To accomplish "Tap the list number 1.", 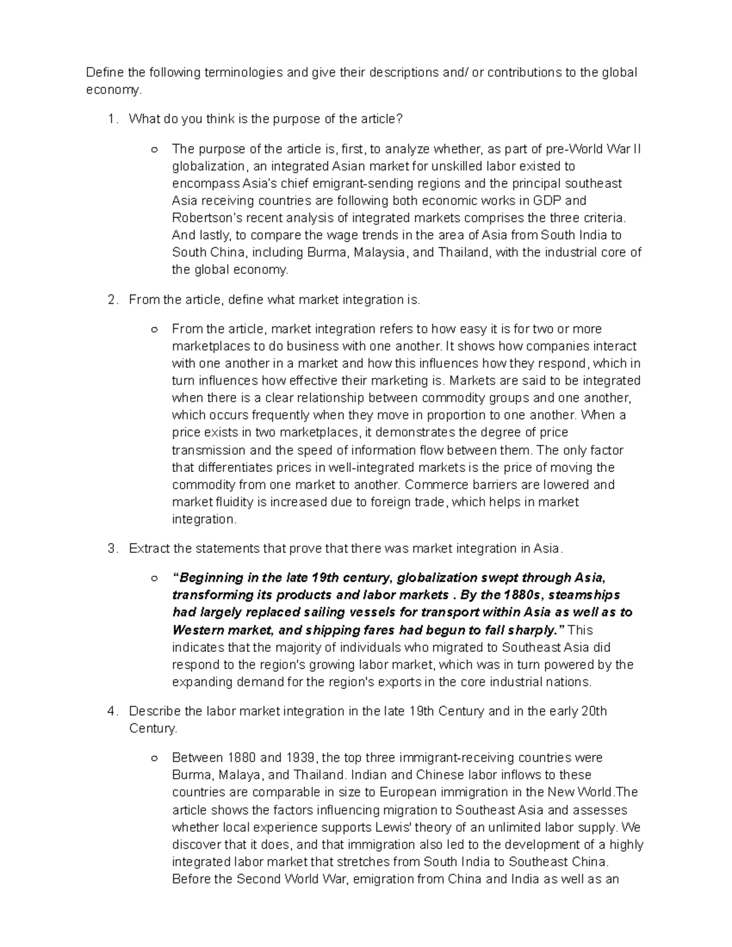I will [x=110, y=120].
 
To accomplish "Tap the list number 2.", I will [x=110, y=300].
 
